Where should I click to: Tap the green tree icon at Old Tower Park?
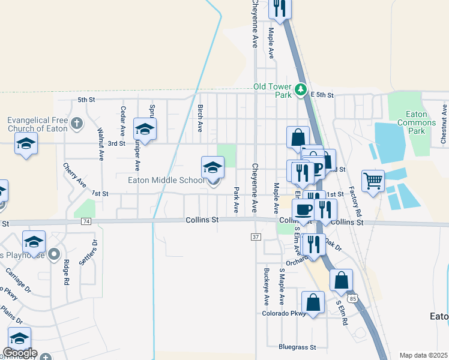tap(301, 92)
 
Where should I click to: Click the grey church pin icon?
tap(76, 124)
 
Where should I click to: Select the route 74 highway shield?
tap(86, 221)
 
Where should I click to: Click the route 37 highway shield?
tap(256, 237)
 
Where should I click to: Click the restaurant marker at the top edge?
tap(280, 8)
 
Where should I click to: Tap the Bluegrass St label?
tap(297, 347)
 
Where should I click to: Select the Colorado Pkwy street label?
tap(284, 313)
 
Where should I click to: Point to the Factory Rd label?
tap(358, 202)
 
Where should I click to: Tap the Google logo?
tap(20, 353)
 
